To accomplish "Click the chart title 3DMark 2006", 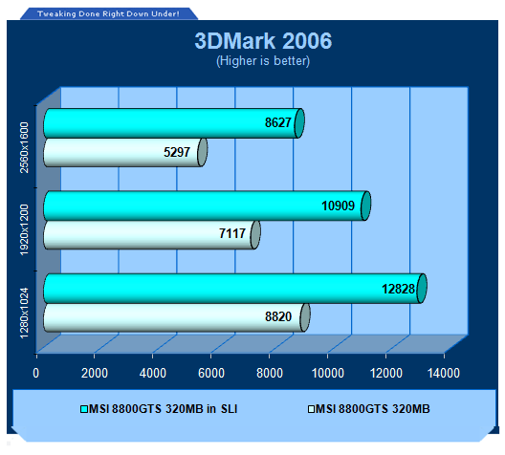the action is point(263,41).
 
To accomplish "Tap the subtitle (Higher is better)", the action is point(263,60).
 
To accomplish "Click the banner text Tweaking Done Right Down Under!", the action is point(108,13).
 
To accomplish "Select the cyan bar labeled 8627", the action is point(174,123).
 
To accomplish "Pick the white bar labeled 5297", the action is point(125,152).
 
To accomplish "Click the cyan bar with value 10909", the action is point(208,206).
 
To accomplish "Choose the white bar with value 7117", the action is point(152,234).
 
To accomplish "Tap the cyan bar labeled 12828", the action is point(235,289).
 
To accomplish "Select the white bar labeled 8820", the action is point(177,317).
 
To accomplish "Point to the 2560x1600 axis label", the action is point(25,147).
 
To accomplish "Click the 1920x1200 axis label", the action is point(25,229).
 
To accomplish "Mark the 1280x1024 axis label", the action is point(25,314).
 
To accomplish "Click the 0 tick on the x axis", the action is point(35,373).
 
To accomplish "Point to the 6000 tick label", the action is point(211,373).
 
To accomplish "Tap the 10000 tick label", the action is point(327,373).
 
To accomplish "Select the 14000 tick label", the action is point(444,373).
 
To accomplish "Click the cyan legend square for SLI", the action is point(84,409).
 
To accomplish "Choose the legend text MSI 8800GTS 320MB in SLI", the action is point(163,409).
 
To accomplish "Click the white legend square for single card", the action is point(311,409).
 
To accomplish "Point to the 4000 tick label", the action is point(153,373).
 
